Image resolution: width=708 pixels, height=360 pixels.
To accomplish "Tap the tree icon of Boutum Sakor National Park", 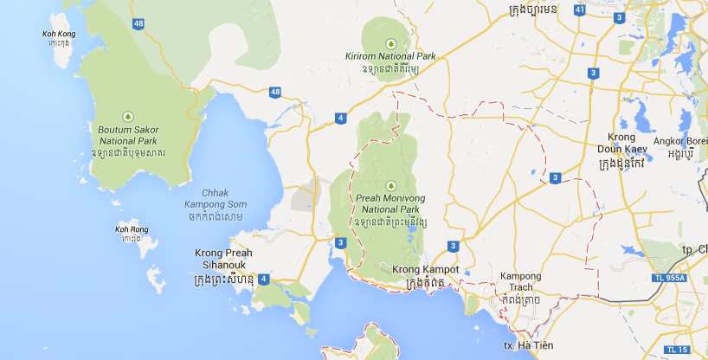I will (x=128, y=114).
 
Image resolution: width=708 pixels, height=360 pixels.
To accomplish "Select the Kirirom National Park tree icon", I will (x=390, y=42).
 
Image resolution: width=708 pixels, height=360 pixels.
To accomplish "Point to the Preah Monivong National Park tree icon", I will (x=389, y=185).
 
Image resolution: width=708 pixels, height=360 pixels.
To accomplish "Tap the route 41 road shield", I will (x=579, y=10).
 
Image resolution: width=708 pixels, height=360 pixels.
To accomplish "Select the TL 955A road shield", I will (x=665, y=279).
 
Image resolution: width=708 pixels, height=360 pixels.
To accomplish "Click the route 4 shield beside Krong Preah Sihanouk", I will (x=262, y=279).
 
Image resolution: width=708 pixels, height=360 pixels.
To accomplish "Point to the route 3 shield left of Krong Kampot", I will (x=341, y=242).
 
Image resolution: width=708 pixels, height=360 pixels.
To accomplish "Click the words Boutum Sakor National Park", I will (x=127, y=135).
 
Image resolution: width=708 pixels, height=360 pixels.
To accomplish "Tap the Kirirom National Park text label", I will (x=391, y=57).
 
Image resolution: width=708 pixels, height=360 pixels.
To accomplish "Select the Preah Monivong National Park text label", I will (x=388, y=204).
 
